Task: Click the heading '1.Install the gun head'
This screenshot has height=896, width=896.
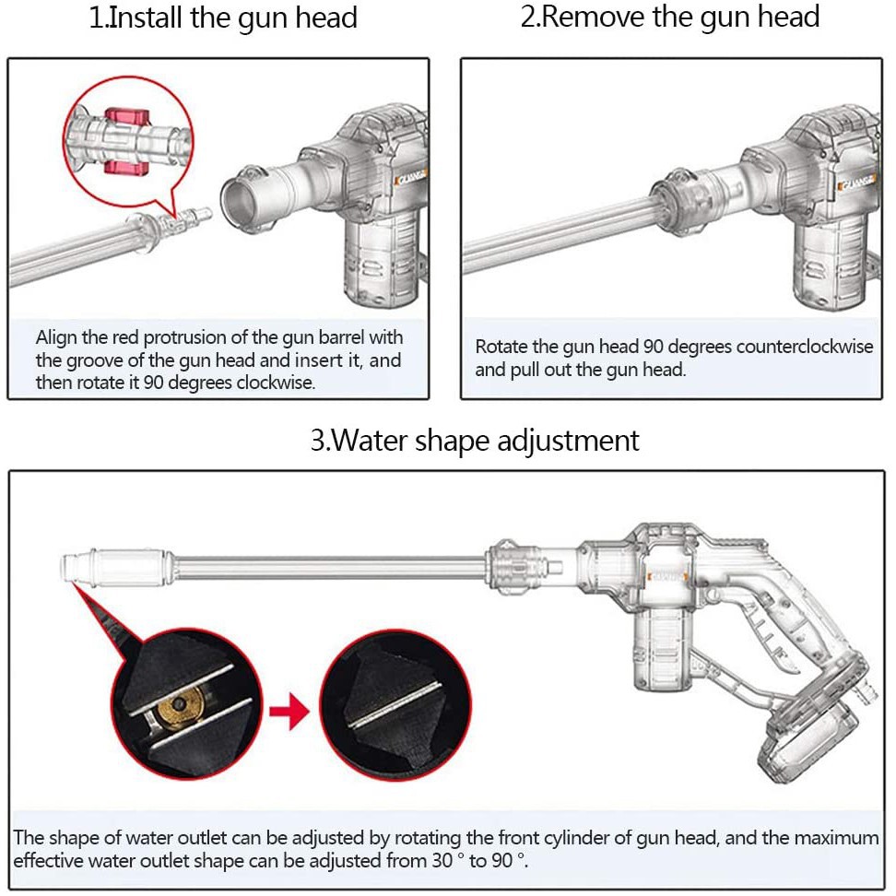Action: (x=223, y=18)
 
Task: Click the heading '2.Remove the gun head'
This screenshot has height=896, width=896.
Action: (x=670, y=17)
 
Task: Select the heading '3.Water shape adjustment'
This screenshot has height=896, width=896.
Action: (x=475, y=441)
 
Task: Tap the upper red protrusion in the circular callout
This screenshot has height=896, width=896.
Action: (x=127, y=116)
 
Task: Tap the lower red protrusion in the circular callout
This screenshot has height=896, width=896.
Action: (x=127, y=168)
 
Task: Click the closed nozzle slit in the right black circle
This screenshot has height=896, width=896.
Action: (x=395, y=705)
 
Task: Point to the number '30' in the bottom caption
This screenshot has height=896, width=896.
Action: (x=442, y=861)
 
